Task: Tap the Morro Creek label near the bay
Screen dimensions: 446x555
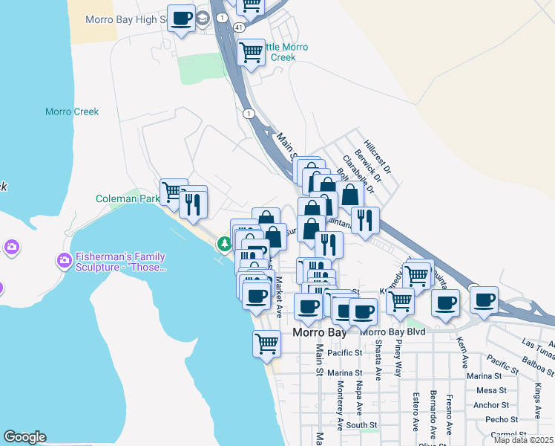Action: [x=72, y=112]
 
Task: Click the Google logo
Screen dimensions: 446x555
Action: [x=24, y=437]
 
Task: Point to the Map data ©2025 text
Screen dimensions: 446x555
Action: [x=523, y=440]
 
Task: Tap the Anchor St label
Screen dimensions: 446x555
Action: [x=490, y=405]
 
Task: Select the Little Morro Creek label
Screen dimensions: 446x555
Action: [x=277, y=52]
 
